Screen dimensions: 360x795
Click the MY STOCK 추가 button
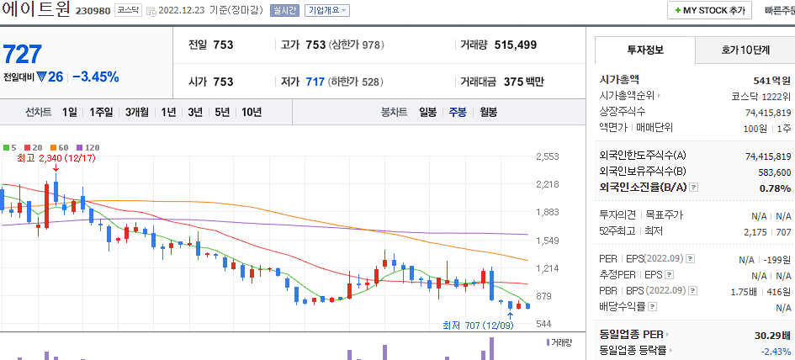point(709,11)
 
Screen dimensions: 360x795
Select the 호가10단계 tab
point(745,50)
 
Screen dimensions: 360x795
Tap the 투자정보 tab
point(645,50)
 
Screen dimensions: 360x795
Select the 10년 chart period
point(251,112)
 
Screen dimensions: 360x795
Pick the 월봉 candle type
point(488,112)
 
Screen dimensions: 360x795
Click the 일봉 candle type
point(427,112)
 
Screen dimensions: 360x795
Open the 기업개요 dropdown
point(326,11)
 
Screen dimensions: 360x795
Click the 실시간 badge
point(284,11)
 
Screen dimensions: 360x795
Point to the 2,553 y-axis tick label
point(547,156)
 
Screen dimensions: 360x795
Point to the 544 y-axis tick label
point(543,324)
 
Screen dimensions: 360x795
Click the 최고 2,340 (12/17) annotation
point(56,157)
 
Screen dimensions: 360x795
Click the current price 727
point(23,55)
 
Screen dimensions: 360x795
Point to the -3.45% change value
point(95,77)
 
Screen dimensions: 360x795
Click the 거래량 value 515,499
point(504,45)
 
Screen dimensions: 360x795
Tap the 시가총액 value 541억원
point(771,81)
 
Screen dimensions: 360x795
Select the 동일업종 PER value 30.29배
point(772,335)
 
